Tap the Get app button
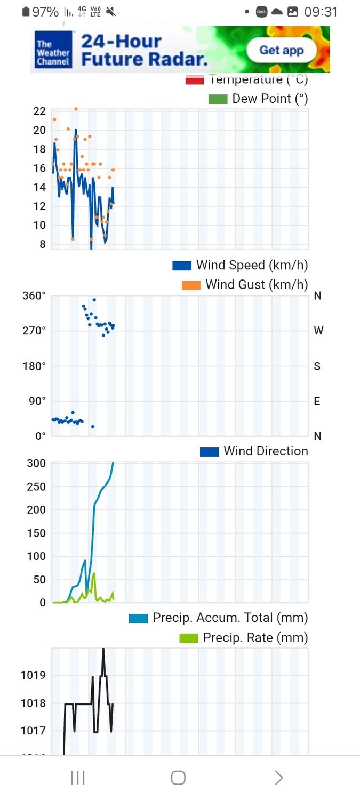pos(281,51)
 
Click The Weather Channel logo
pos(53,50)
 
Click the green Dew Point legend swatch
pos(218,99)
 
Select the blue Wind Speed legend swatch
pos(182,265)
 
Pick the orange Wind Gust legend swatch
pos(191,285)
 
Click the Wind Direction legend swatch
pos(209,451)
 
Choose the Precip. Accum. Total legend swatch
pos(138,618)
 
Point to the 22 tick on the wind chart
pos(39,111)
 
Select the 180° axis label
pos(34,366)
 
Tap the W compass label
pos(318,331)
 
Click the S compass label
pos(317,366)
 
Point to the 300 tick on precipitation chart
pos(36,463)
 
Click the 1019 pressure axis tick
pos(33,675)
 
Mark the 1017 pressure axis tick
pos(33,731)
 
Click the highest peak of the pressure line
pos(103,650)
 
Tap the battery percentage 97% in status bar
pos(45,12)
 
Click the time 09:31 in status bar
pos(321,12)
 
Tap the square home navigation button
pos(178,778)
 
